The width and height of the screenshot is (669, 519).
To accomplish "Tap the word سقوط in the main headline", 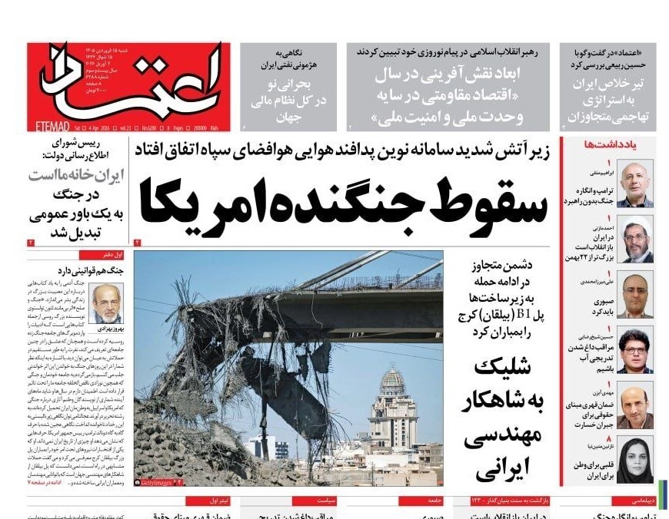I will (x=476, y=203).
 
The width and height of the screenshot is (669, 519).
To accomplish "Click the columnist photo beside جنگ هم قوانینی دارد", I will (x=105, y=304).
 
